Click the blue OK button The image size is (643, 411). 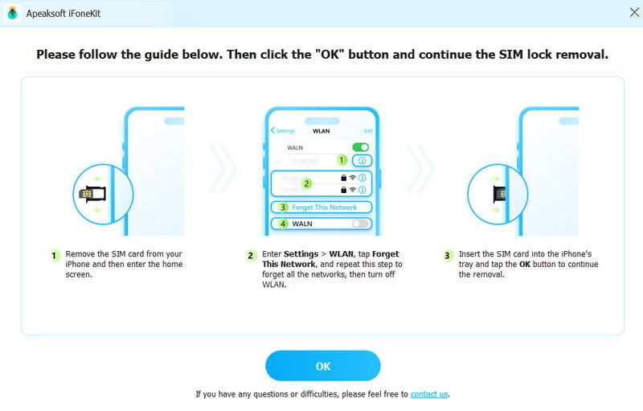322,366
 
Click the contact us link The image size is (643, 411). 429,394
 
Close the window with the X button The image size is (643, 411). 633,12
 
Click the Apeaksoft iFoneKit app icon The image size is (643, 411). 12,12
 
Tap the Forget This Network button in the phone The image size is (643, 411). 324,208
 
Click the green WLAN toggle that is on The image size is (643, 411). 361,147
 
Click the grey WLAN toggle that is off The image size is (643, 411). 361,224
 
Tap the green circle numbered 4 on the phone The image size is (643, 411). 282,224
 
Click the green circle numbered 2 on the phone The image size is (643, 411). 305,183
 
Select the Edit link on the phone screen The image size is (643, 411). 368,130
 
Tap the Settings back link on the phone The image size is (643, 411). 284,130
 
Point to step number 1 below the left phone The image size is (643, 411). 54,255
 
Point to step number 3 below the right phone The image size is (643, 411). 448,255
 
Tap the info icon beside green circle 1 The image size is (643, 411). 362,161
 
